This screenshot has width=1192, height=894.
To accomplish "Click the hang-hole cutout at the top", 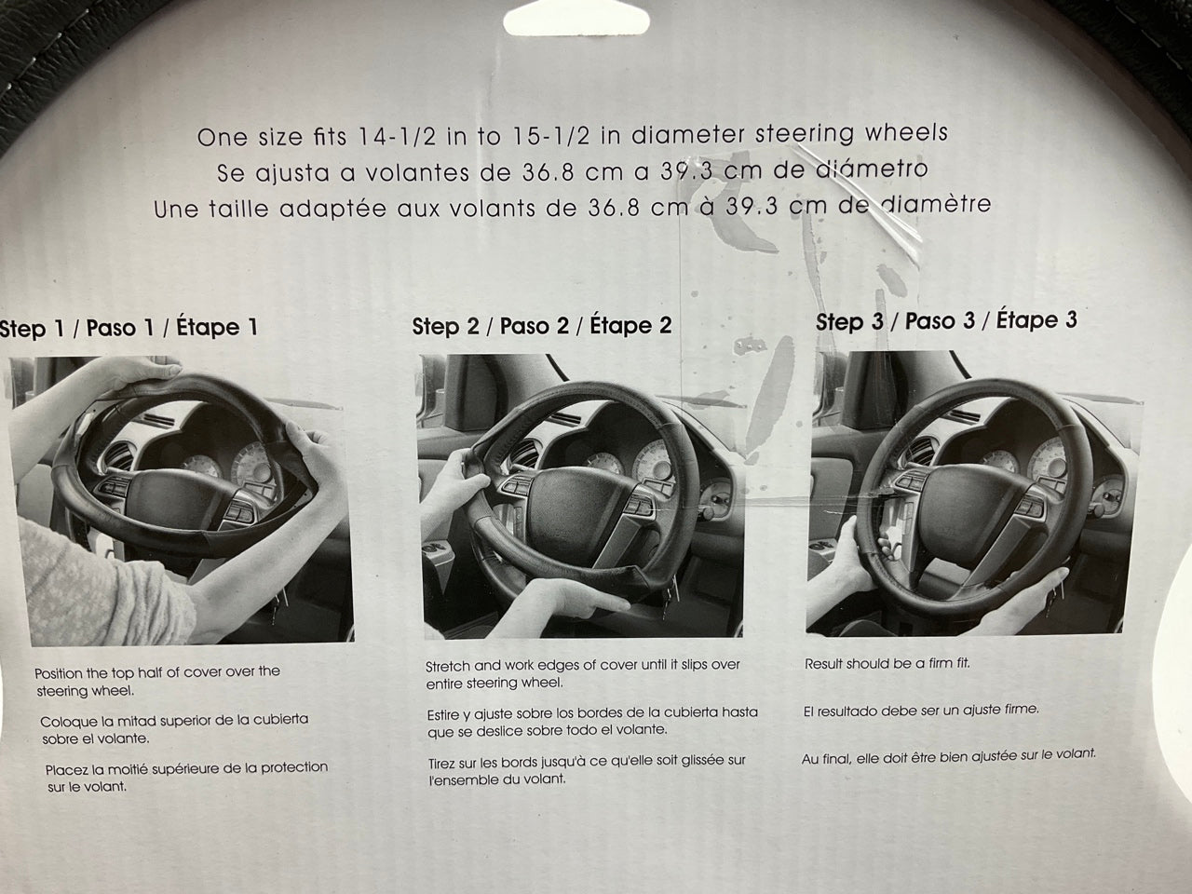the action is pyautogui.click(x=576, y=18).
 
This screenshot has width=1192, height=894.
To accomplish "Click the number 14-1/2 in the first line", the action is pyautogui.click(x=397, y=137).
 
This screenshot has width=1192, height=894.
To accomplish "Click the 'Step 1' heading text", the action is pyautogui.click(x=32, y=329).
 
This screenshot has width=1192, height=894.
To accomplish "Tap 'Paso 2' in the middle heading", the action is pyautogui.click(x=535, y=326).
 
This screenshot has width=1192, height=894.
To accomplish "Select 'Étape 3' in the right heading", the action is pyautogui.click(x=1036, y=319).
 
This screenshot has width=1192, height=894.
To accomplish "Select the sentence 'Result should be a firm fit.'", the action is pyautogui.click(x=887, y=663).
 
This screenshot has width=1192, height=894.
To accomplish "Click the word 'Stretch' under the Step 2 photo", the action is pyautogui.click(x=448, y=666).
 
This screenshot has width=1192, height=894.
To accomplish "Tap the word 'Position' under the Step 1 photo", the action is pyautogui.click(x=58, y=673).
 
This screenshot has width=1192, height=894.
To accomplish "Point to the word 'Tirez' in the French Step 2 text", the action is pyautogui.click(x=441, y=764).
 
